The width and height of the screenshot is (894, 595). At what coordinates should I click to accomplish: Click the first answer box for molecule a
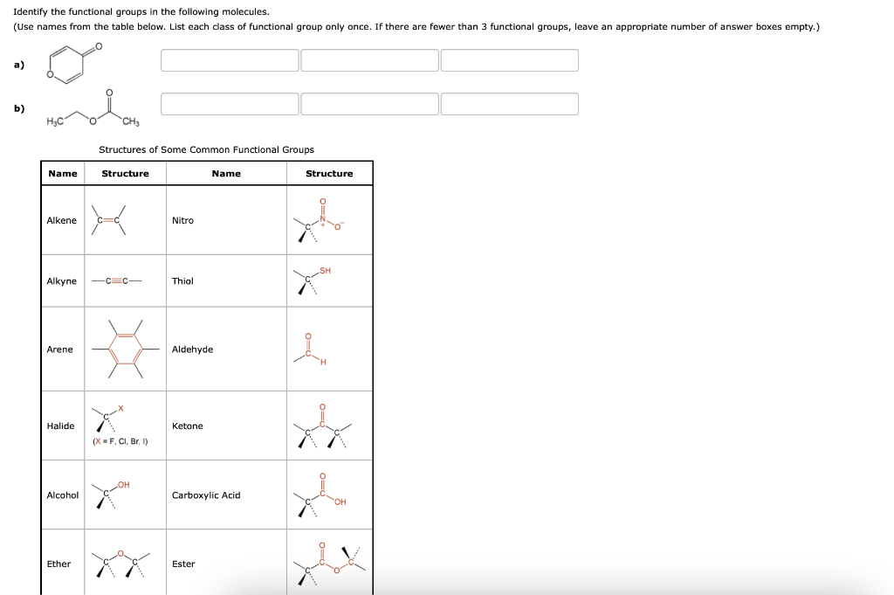point(230,60)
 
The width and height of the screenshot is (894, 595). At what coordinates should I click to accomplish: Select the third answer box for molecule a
point(509,60)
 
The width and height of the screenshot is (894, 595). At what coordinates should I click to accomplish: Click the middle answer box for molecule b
point(369,104)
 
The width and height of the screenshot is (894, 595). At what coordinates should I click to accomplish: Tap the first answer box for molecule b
point(230,104)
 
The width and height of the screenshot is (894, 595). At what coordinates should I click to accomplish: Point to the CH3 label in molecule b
point(131,121)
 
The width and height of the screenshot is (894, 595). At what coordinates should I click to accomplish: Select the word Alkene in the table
point(61,220)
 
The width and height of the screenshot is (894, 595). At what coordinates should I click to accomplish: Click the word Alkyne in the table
point(61,281)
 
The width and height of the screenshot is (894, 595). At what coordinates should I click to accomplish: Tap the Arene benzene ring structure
point(126,349)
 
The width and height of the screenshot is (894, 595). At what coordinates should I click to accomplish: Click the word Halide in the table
point(60,426)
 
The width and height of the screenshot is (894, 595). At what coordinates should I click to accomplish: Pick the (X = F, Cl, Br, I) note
point(120,441)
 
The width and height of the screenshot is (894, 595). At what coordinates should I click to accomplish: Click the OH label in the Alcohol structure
point(123,484)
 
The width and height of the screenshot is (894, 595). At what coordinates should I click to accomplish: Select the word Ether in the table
point(58,564)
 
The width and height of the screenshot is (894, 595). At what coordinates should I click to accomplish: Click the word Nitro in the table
point(182,220)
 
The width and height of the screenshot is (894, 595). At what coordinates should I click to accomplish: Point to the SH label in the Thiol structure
point(326,271)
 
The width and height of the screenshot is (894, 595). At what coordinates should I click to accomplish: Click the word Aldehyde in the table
point(192,349)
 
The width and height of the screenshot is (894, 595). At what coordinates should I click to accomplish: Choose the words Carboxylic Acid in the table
point(206,495)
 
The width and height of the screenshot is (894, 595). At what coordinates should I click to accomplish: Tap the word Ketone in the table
point(187,426)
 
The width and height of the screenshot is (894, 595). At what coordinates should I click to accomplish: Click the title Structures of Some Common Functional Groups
point(206,149)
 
